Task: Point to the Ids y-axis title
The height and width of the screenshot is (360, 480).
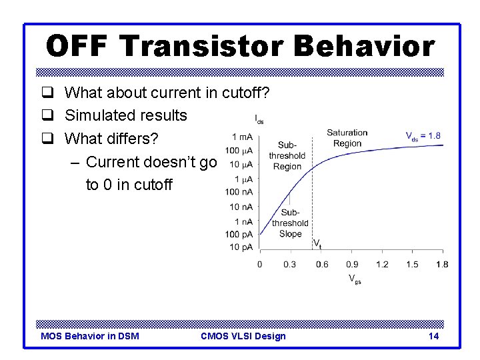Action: pos(259,119)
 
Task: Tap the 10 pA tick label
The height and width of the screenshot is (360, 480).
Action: pos(241,248)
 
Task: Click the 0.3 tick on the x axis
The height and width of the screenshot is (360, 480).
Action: pos(290,265)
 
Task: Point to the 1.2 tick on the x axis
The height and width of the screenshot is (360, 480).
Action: pos(382,265)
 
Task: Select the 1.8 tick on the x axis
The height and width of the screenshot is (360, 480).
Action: pos(441,265)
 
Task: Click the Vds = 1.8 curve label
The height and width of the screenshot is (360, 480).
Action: pos(423,136)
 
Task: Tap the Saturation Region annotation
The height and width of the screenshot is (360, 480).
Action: pos(347,138)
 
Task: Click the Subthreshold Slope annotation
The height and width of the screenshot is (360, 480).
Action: pos(290,223)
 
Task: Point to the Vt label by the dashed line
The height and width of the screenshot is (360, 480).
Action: pos(317,244)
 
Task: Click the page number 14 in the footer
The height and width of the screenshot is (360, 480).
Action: pos(433,336)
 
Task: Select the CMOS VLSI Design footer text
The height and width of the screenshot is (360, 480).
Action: pos(243,336)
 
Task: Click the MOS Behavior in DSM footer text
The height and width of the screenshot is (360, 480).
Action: pos(90,336)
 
